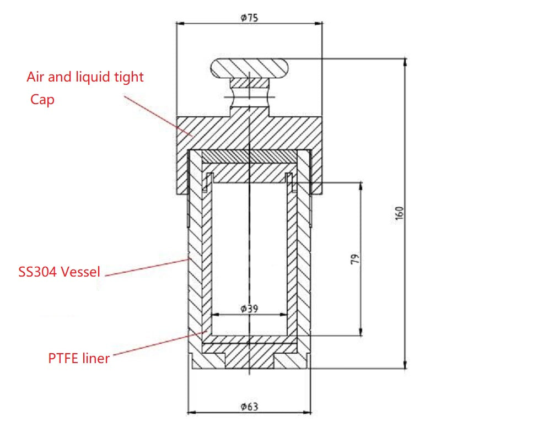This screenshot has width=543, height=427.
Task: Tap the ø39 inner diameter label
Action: click(249, 309)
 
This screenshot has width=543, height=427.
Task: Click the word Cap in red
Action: click(42, 100)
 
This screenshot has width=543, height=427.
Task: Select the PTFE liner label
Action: click(79, 358)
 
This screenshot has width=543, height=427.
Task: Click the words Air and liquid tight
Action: click(85, 77)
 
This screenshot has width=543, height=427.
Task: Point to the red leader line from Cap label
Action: click(157, 114)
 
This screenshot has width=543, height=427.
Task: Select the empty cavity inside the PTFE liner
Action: click(249, 253)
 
